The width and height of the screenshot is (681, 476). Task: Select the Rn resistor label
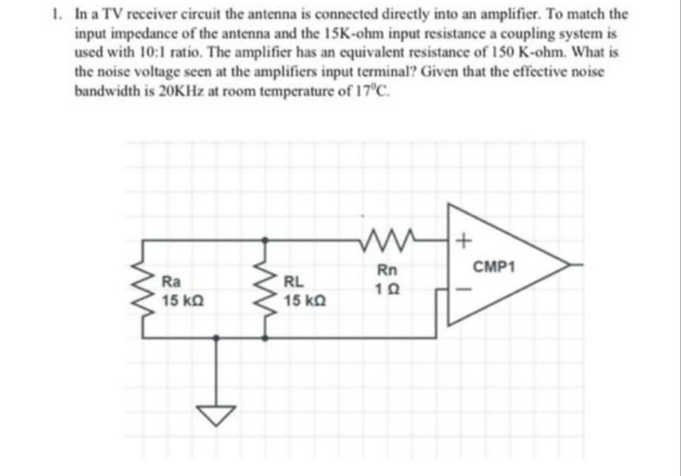pos(385,269)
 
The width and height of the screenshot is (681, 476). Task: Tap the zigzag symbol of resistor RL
pos(265,290)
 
